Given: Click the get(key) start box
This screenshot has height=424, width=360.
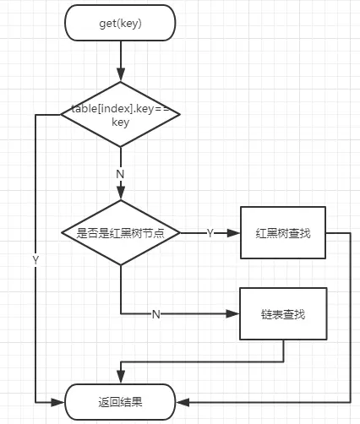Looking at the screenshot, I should coord(120,23).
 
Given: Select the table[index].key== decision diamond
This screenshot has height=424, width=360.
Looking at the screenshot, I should coord(120,114).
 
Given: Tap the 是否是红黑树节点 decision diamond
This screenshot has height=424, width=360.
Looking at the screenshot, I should coord(120,232).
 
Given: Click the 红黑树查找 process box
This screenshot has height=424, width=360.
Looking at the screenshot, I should coord(283,232).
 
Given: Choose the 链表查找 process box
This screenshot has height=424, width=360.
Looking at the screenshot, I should coord(283,313).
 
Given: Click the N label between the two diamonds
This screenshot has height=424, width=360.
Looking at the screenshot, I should coord(120,173).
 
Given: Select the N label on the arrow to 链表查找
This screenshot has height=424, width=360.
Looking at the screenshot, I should coord(155,314).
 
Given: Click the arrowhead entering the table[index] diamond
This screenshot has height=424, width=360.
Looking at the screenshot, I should coord(120,77).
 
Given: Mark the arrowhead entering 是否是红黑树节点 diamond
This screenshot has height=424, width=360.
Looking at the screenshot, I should coord(120,195).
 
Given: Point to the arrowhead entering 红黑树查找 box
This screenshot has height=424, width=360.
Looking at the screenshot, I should coord(236,232).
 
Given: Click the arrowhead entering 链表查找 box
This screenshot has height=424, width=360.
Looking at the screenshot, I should coord(236,313).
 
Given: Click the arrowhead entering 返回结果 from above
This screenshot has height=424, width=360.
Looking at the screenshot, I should coord(121,379).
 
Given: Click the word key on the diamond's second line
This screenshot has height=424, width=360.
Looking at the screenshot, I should coord(120,122).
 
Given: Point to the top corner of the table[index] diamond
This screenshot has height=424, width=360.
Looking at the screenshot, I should coord(120,82).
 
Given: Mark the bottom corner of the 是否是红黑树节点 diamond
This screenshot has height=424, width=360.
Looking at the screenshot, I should coord(120,265).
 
